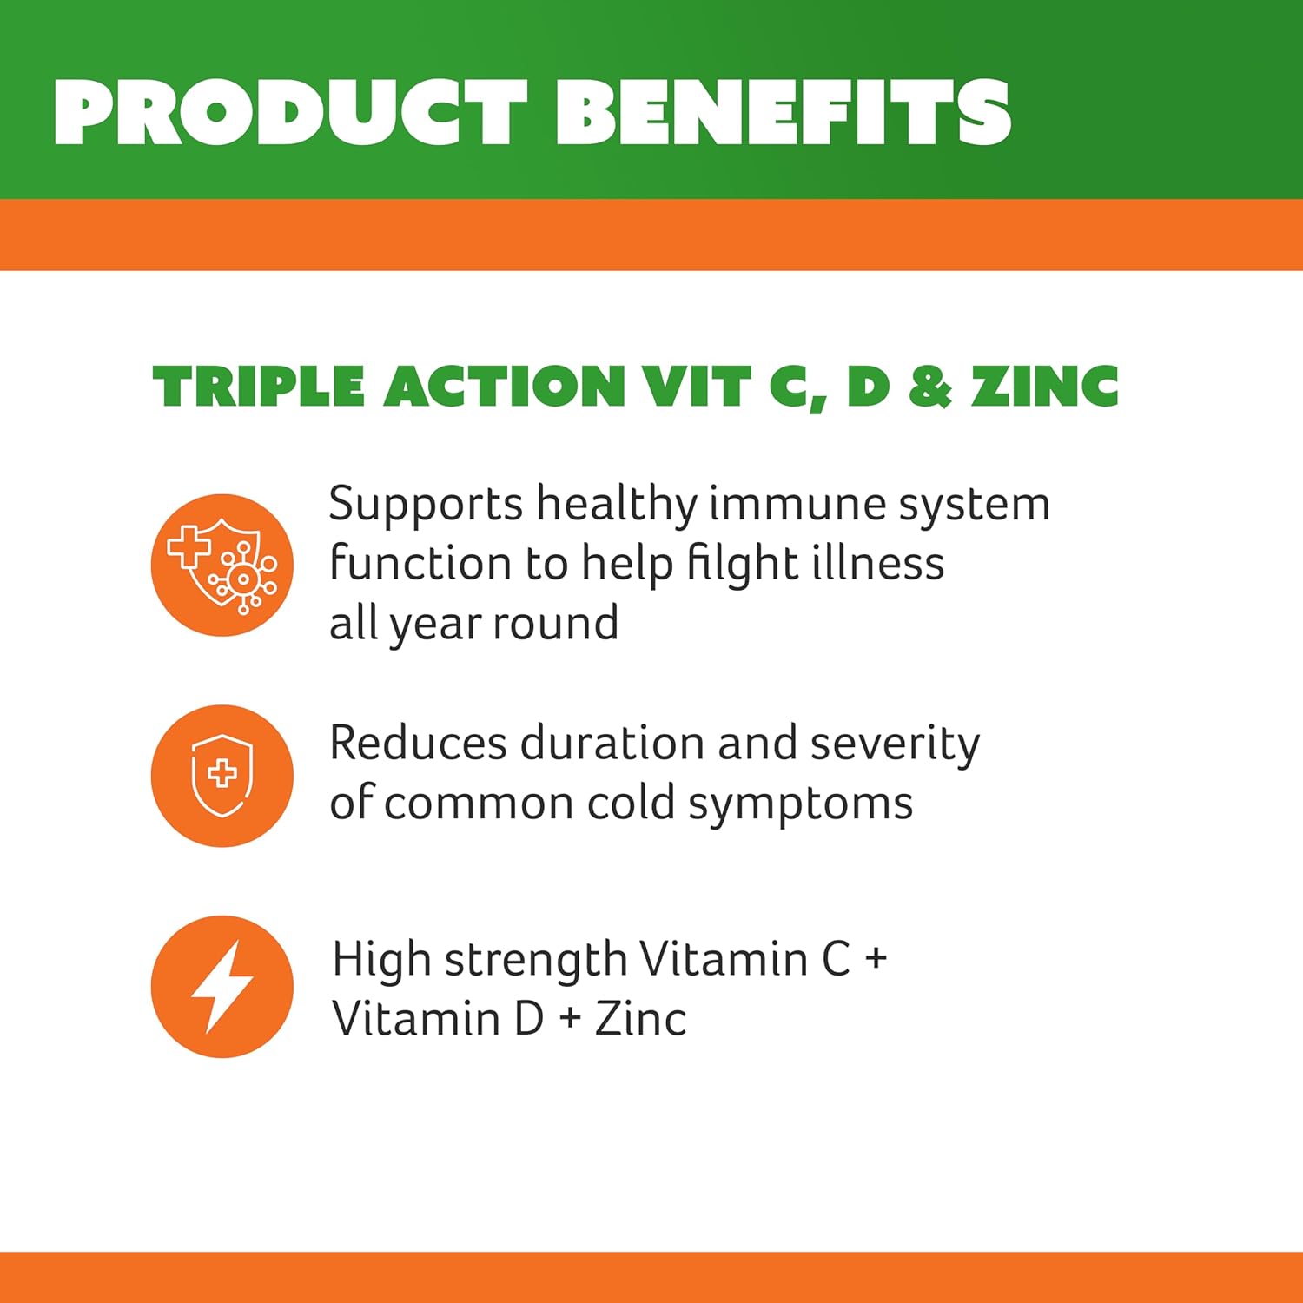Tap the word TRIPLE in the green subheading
[x=258, y=387]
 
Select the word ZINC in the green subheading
[x=1045, y=387]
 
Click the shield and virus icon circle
[x=222, y=565]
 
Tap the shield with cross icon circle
[x=222, y=776]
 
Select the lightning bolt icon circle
[x=222, y=987]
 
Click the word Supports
[x=426, y=505]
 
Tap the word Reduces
[x=418, y=744]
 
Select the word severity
[x=895, y=745]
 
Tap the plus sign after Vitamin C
[x=876, y=959]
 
